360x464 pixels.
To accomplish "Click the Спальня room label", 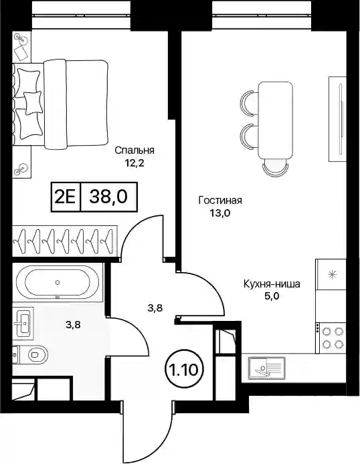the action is pos(134,150).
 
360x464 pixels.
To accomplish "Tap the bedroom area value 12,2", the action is pos(134,163).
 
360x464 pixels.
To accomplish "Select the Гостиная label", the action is pos(220,201).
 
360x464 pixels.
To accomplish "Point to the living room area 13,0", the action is pos(220,213).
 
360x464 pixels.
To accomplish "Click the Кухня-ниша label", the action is pos(272,284).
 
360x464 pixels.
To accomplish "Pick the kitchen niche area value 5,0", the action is pos(272,296).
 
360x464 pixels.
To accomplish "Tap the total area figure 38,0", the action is pos(108,197).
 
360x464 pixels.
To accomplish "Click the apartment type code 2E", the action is pos(66,197).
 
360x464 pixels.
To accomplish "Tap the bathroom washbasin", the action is pos(23,322).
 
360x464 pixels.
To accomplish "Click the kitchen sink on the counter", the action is pos(267,368).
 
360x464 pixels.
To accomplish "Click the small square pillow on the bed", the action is pos(33,103).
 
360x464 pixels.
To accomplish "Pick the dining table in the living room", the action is pos(275,120).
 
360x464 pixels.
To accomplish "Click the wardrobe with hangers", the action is pos(64,241).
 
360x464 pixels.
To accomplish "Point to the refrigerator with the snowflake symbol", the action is pos(331,275).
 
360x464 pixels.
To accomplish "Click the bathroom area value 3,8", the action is pos(73,325).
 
